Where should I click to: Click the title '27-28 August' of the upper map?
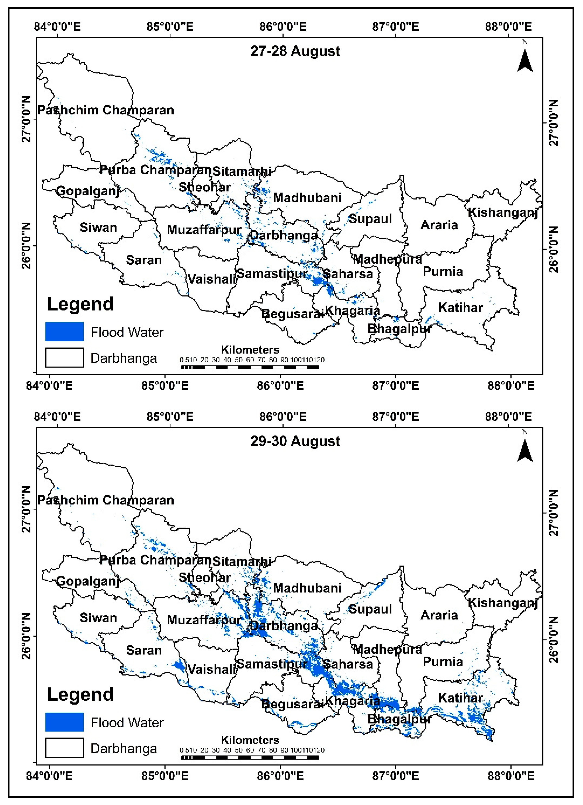tap(295, 51)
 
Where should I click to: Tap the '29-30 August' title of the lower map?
tap(295, 441)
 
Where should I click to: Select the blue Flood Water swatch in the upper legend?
tap(64, 332)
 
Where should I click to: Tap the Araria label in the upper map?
tap(439, 225)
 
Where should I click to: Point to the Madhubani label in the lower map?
tap(307, 588)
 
